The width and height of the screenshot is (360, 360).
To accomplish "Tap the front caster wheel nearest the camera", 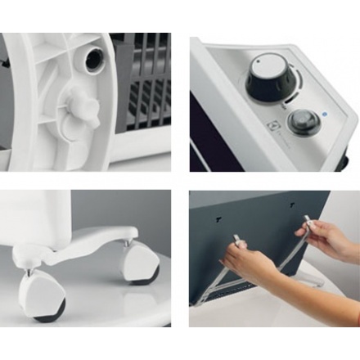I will [48, 299].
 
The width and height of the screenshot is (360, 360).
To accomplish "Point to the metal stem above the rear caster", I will [128, 241].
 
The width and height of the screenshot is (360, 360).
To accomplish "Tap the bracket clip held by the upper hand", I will [309, 223].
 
